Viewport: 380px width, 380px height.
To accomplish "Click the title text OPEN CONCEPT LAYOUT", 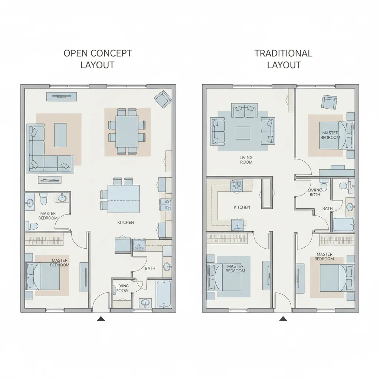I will (98, 59).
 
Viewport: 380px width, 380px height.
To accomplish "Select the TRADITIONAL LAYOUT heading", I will (284, 59).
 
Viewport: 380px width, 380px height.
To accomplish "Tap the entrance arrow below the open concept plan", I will (100, 318).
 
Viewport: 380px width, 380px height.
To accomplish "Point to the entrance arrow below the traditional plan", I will (283, 318).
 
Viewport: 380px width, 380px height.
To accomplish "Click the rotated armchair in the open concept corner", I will (163, 99).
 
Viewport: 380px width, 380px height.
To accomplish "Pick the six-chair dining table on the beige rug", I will (127, 131).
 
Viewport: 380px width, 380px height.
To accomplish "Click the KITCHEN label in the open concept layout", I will (125, 222).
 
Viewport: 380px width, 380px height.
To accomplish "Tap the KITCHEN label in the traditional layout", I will (242, 207).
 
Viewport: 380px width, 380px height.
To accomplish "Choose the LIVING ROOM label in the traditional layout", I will (246, 160).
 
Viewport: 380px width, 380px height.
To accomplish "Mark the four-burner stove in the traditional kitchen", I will (236, 185).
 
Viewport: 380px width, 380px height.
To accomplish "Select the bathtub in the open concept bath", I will (163, 293).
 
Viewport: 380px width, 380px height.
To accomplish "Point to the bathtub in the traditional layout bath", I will (344, 225).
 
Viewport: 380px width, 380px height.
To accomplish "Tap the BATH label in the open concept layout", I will (150, 268).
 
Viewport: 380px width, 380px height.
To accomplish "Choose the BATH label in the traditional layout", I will (327, 209).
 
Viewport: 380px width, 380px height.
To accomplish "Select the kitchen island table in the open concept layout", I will (121, 199).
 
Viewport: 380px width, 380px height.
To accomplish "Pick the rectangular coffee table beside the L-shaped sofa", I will (60, 135).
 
